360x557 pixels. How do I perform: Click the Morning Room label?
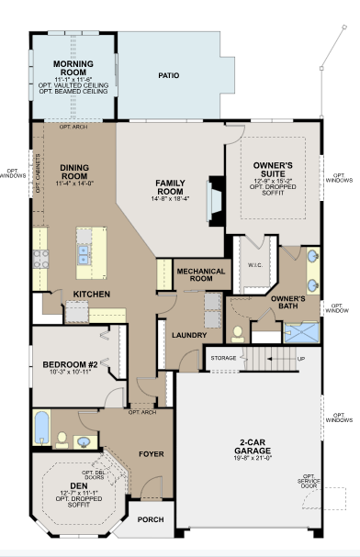pyautogui.click(x=73, y=68)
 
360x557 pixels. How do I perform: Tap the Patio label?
pyautogui.click(x=168, y=75)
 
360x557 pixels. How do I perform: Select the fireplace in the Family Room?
pyautogui.click(x=216, y=201)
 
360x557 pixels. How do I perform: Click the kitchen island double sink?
pyautogui.click(x=84, y=254)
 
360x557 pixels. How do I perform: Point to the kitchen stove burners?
pyautogui.click(x=40, y=260)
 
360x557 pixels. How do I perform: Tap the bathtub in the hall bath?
pyautogui.click(x=42, y=429)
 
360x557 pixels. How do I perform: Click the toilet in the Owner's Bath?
pyautogui.click(x=237, y=335)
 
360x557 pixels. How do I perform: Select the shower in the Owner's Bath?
pyautogui.click(x=302, y=333)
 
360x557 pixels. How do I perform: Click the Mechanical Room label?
pyautogui.click(x=201, y=275)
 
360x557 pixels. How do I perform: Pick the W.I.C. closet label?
pyautogui.click(x=255, y=265)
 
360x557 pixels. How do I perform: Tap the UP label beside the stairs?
pyautogui.click(x=300, y=359)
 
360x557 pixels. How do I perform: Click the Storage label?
pyautogui.click(x=223, y=358)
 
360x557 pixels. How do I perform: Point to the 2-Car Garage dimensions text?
pyautogui.click(x=253, y=458)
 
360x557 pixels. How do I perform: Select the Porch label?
pyautogui.click(x=151, y=519)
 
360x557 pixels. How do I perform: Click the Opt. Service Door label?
pyautogui.click(x=309, y=481)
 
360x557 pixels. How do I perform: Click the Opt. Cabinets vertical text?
pyautogui.click(x=38, y=173)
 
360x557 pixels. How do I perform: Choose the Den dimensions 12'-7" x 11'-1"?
pyautogui.click(x=79, y=493)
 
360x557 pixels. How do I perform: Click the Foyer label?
pyautogui.click(x=152, y=454)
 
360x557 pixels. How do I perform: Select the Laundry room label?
pyautogui.click(x=189, y=335)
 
